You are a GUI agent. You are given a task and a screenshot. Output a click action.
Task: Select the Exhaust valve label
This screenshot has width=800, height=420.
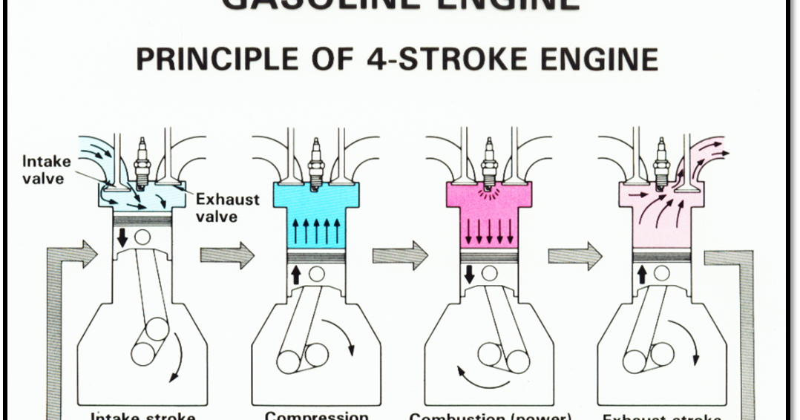tap(227, 208)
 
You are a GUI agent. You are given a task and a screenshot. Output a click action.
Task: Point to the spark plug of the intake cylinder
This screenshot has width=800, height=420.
tap(140, 160)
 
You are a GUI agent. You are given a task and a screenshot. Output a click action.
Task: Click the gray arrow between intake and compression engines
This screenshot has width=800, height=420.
tap(227, 255)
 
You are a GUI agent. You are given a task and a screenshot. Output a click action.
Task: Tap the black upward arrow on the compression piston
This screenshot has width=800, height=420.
tap(296, 275)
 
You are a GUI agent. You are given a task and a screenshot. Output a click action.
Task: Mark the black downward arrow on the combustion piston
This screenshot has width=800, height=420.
tap(469, 275)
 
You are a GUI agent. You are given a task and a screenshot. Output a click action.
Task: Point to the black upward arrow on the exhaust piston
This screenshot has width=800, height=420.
tap(643, 275)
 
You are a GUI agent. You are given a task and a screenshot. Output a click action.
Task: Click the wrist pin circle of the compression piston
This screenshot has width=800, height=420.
tap(317, 275)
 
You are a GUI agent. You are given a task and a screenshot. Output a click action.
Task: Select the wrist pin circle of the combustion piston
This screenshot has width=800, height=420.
tap(490, 275)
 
